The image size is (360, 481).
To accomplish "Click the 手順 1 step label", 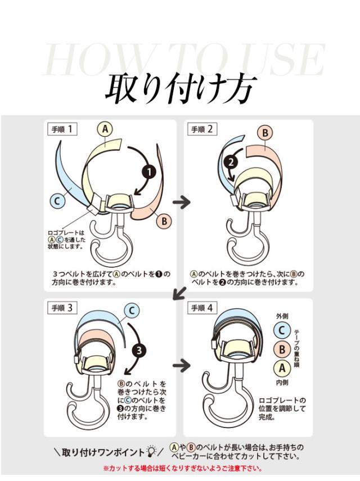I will [62, 129].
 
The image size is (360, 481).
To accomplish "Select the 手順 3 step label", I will [62, 307].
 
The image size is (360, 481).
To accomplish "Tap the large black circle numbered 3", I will [138, 350].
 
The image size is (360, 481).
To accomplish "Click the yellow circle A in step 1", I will [105, 129].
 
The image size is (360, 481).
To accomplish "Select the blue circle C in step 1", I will [57, 200].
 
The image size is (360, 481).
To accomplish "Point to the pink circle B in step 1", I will [164, 221].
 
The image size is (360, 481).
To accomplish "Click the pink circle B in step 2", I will [265, 133].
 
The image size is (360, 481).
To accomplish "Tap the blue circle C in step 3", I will [131, 309].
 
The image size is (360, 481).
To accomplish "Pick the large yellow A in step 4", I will [282, 369].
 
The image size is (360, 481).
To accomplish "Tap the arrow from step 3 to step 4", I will [181, 365].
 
